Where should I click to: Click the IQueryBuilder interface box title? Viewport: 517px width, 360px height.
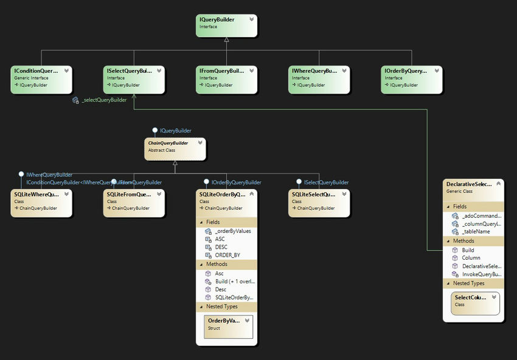[217, 19]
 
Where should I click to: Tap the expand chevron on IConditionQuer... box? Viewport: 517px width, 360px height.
[67, 71]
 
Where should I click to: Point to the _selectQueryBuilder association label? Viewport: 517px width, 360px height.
[103, 100]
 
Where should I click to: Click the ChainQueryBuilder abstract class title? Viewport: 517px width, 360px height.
[168, 143]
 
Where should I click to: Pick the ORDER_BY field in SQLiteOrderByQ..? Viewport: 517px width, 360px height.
[227, 255]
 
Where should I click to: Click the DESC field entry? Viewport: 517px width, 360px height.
[221, 247]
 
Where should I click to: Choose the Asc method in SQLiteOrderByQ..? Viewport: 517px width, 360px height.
[219, 274]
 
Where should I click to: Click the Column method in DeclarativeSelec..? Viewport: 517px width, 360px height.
[471, 258]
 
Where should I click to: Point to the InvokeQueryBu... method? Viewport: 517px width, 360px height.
[481, 274]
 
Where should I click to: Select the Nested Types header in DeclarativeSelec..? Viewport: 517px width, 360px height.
[469, 283]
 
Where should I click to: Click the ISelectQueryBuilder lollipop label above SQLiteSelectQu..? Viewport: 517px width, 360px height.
[326, 182]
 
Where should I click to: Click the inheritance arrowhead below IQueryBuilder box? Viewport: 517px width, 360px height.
[226, 40]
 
